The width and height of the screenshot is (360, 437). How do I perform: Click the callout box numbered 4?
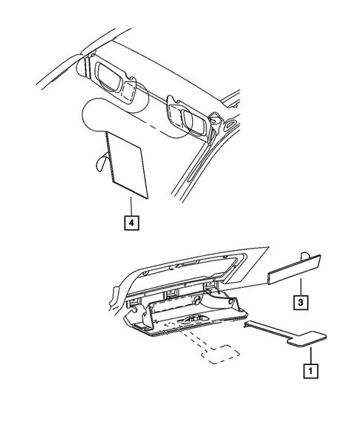131,221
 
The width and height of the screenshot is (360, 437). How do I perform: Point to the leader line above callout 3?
300,287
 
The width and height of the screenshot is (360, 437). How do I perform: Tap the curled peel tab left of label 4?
100,162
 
